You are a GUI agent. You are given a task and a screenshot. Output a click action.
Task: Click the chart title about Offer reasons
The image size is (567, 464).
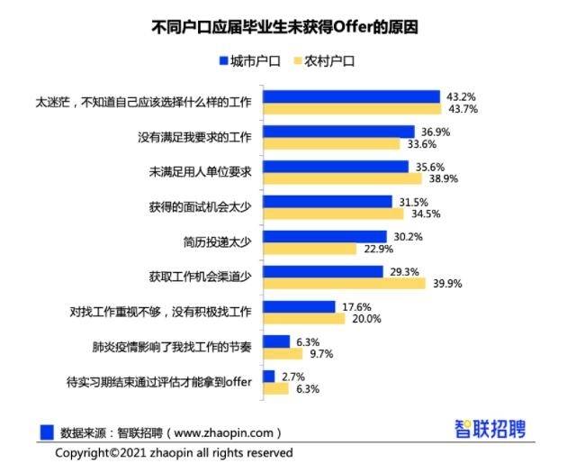click(x=284, y=27)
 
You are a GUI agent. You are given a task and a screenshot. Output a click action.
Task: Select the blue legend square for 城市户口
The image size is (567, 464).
click(x=223, y=61)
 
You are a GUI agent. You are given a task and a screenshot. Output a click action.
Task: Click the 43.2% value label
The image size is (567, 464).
click(x=461, y=96)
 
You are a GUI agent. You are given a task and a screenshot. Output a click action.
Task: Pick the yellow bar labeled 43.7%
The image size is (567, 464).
click(x=351, y=109)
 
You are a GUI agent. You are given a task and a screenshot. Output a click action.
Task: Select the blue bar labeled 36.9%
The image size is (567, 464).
click(x=337, y=132)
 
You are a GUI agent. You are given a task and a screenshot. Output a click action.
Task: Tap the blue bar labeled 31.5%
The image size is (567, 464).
click(x=328, y=202)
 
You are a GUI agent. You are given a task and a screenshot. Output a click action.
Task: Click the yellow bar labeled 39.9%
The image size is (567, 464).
click(x=344, y=284)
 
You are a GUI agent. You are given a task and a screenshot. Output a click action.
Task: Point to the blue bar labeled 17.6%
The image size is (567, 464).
click(x=299, y=306)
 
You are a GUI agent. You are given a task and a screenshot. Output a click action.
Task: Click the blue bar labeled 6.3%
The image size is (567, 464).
click(x=276, y=341)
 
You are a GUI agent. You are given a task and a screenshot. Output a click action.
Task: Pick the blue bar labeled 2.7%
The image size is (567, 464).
click(x=268, y=376)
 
